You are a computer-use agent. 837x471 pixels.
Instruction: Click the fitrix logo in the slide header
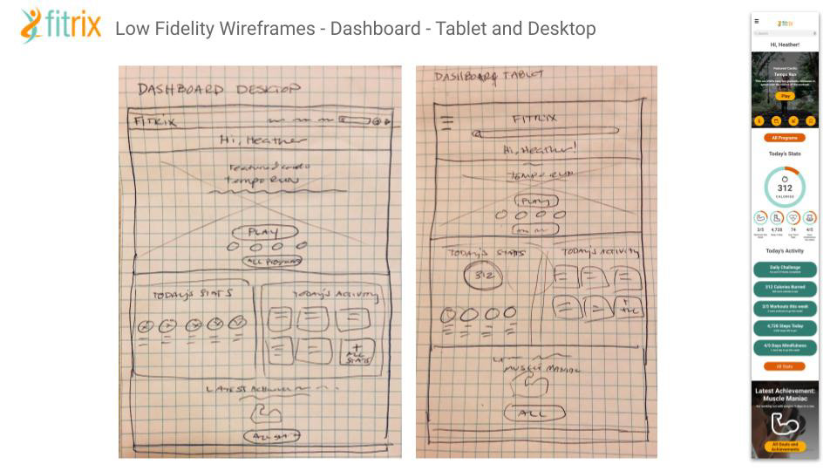60,26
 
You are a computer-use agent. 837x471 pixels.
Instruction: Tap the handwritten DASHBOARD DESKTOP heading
218,89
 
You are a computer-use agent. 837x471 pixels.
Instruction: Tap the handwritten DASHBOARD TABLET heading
489,77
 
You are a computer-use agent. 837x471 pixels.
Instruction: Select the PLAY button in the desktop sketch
264,232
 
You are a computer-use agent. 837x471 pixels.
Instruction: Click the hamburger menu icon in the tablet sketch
447,122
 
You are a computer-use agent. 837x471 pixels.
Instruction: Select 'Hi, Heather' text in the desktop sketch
262,140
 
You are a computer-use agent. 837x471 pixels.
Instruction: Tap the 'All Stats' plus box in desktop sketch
357,352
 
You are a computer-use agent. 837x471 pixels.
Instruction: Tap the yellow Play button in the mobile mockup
785,96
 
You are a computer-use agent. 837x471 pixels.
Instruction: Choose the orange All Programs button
785,138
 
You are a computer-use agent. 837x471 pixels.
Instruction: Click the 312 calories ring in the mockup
785,188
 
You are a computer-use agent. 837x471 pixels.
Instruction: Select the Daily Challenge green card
785,270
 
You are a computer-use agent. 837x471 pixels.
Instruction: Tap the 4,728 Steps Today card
785,328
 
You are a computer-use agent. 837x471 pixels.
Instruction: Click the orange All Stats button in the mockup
785,366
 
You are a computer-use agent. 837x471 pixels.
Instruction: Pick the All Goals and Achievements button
785,447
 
